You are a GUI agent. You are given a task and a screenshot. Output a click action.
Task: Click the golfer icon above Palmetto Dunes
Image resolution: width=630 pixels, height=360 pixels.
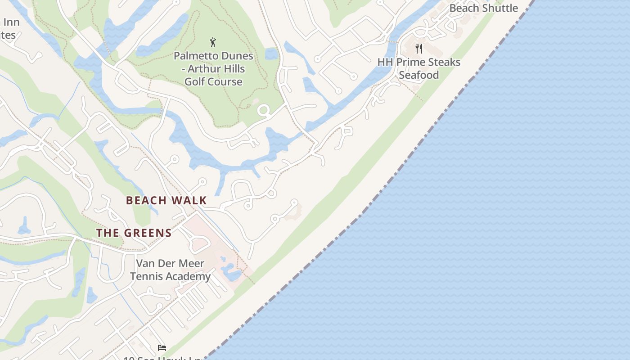click(213, 43)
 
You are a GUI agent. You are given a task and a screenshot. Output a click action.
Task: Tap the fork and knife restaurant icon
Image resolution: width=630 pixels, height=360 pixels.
click(419, 49)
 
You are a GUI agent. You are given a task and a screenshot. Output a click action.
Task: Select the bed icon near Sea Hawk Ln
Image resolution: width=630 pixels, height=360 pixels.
click(162, 347)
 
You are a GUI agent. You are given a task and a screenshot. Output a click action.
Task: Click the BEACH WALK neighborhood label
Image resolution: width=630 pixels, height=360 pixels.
click(166, 200)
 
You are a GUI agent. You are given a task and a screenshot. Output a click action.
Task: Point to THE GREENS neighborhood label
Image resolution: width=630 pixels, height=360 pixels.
click(134, 233)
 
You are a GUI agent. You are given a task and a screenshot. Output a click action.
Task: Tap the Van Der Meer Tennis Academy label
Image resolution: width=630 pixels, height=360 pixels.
click(171, 270)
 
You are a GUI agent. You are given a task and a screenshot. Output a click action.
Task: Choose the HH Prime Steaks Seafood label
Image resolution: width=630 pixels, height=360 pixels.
click(419, 68)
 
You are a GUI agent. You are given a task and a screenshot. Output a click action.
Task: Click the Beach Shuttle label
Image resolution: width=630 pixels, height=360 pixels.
click(484, 8)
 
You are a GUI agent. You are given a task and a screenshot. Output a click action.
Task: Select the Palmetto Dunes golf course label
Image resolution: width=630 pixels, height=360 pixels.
click(214, 69)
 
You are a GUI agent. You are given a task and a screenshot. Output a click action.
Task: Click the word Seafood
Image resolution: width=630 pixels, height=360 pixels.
click(419, 75)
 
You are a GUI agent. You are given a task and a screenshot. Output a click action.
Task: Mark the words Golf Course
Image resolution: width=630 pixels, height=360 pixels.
click(214, 82)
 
